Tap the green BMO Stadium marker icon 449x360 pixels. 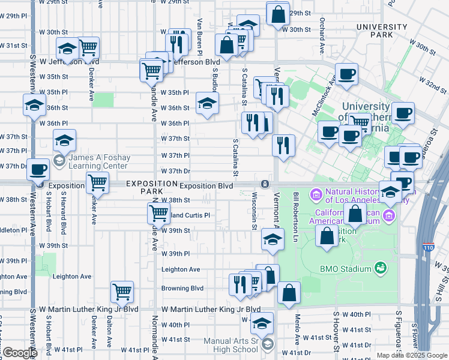[x=379, y=268]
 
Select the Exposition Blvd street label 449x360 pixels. [x=206, y=186]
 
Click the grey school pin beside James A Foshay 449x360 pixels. [x=59, y=160]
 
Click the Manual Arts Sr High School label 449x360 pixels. [x=231, y=346]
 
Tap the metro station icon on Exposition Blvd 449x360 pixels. [x=264, y=184]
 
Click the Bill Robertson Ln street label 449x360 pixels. [x=296, y=209]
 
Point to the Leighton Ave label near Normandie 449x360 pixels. [x=181, y=269]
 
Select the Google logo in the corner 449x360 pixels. [x=20, y=353]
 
